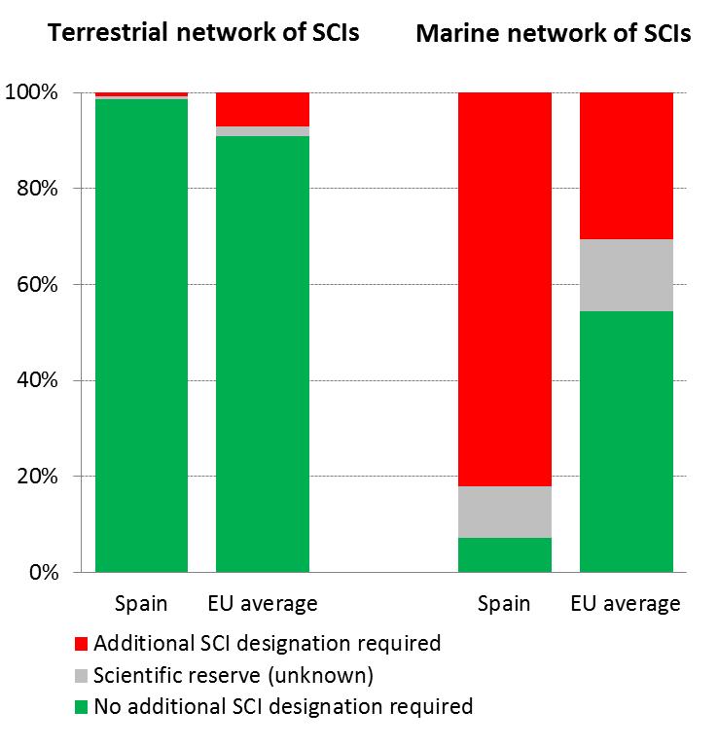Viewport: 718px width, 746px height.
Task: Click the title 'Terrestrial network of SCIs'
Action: pos(203,32)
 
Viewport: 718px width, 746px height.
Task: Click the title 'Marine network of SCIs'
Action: pos(553,34)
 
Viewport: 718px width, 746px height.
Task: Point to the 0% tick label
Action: pos(43,573)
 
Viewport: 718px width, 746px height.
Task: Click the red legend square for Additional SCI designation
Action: pos(81,644)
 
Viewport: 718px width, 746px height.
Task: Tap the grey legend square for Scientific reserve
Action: pos(81,675)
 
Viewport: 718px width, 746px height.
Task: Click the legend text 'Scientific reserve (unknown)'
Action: pos(233,675)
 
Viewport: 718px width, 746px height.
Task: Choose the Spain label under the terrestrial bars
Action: pos(141,604)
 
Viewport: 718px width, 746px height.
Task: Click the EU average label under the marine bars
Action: pos(626,604)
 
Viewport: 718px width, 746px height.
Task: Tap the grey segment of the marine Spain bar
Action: pos(504,512)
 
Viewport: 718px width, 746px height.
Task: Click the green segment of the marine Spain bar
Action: pos(504,554)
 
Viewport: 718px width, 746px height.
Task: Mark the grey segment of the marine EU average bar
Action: pos(626,275)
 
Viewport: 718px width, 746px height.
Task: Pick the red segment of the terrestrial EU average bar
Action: pos(262,109)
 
